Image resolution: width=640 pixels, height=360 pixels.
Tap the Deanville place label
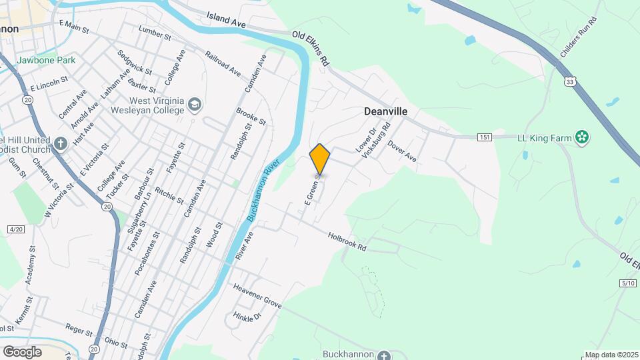pyautogui.click(x=385, y=112)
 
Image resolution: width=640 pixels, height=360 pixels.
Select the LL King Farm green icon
pyautogui.click(x=583, y=138)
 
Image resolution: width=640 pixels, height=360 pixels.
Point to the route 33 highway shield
pyautogui.click(x=569, y=81)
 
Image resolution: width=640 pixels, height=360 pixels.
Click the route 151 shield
pyautogui.click(x=485, y=137)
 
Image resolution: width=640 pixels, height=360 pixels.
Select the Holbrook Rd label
pyautogui.click(x=347, y=241)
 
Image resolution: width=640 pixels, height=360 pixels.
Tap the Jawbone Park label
pyautogui.click(x=46, y=60)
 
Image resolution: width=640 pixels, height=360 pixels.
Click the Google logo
pyautogui.click(x=22, y=351)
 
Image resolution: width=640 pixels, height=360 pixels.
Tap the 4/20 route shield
pyautogui.click(x=15, y=229)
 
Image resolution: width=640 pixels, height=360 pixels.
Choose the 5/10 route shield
pyautogui.click(x=628, y=283)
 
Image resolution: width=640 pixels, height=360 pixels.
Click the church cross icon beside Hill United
pyautogui.click(x=60, y=143)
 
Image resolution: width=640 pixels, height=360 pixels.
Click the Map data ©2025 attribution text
pyautogui.click(x=612, y=355)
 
